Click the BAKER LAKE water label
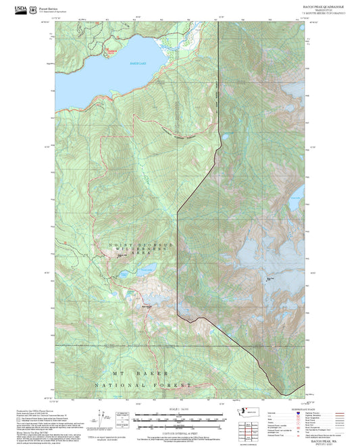coord(138,63)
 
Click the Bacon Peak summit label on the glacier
coord(271,279)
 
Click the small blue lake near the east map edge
coord(294,202)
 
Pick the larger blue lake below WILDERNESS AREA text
coord(144,273)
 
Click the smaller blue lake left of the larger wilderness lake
coord(125,275)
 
